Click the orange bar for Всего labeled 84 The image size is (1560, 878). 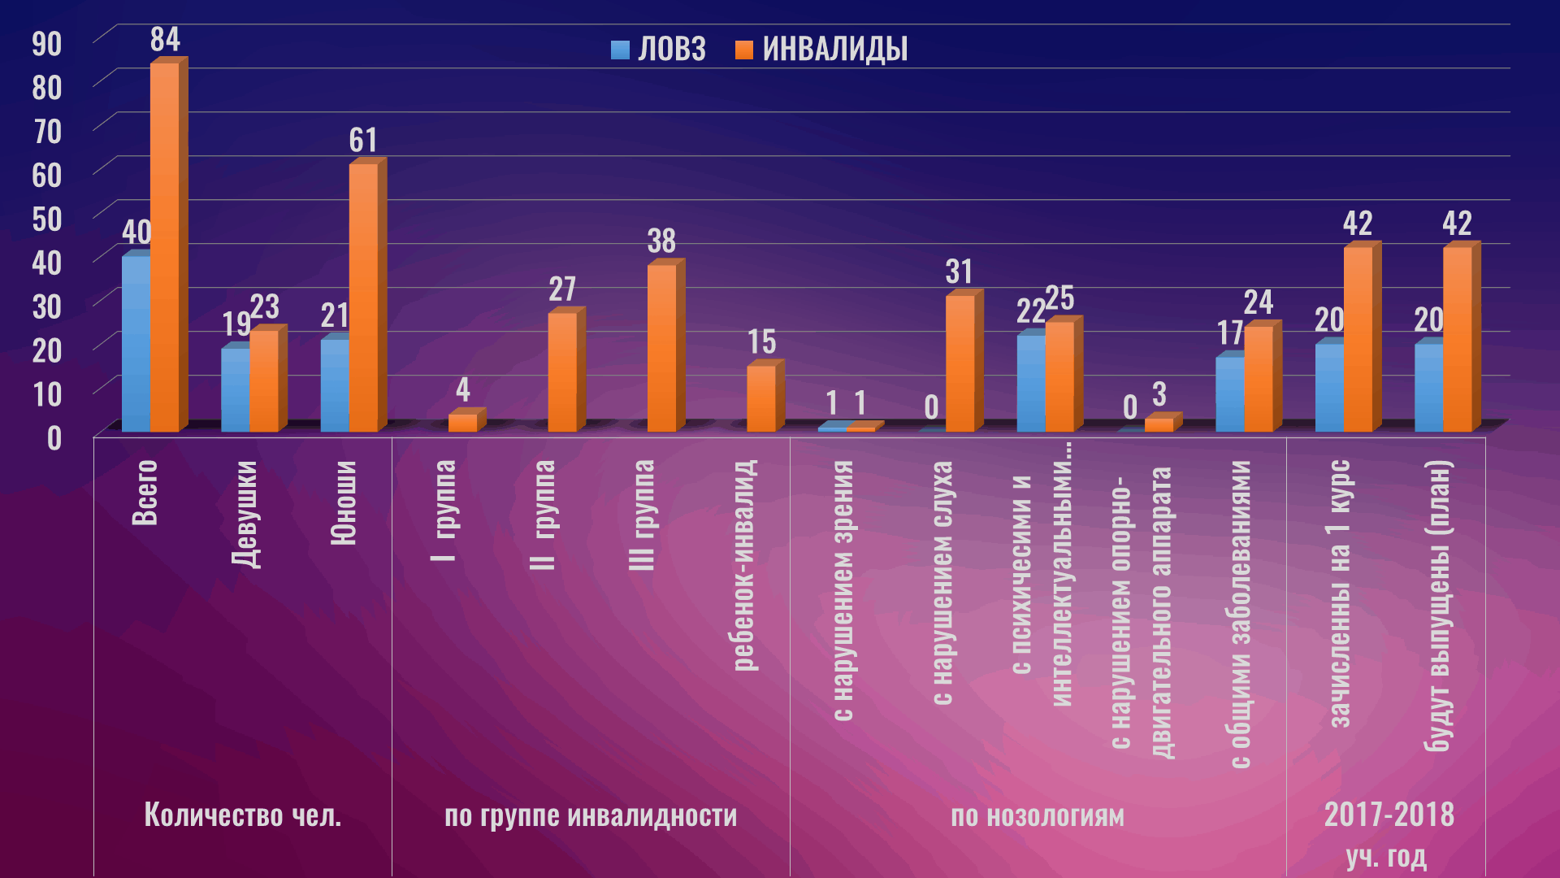(164, 247)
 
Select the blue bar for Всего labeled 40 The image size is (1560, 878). (136, 344)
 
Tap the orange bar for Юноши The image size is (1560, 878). (363, 298)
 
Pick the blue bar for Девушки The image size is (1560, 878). (236, 390)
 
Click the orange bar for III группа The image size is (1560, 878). (661, 348)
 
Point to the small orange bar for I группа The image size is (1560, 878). (463, 423)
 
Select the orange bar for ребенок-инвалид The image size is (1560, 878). (761, 398)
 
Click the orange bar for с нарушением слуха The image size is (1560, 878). (960, 363)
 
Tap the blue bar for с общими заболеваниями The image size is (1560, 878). (1229, 394)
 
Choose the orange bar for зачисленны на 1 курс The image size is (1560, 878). (1358, 339)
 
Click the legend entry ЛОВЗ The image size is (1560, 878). (659, 50)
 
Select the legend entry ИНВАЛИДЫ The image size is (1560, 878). (821, 50)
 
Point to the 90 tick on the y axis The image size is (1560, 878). (46, 44)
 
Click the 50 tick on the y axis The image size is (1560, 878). (46, 219)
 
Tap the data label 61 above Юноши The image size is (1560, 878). (363, 141)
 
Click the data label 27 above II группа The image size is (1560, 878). (562, 289)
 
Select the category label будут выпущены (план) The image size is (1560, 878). (1438, 606)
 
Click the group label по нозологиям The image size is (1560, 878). (1038, 815)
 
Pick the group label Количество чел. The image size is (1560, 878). (242, 815)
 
